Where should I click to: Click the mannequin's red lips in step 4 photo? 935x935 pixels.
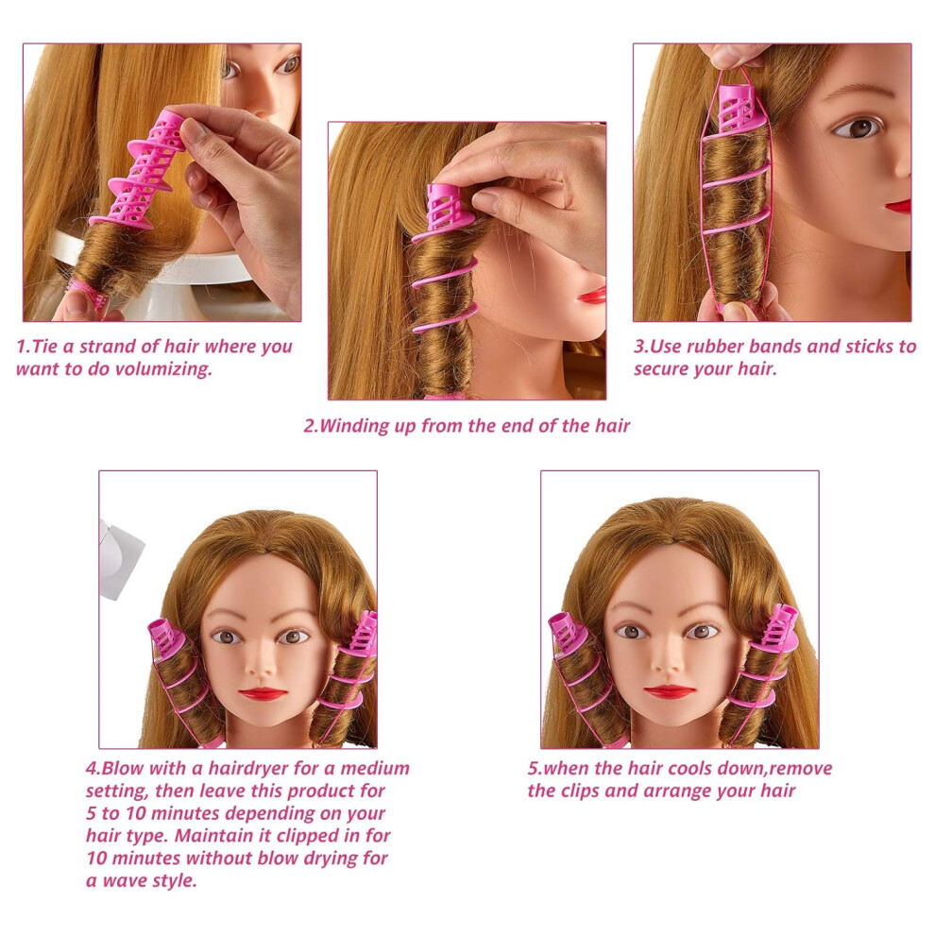click(263, 693)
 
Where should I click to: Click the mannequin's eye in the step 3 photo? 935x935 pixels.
click(857, 127)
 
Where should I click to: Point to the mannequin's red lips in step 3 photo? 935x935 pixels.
click(898, 206)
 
